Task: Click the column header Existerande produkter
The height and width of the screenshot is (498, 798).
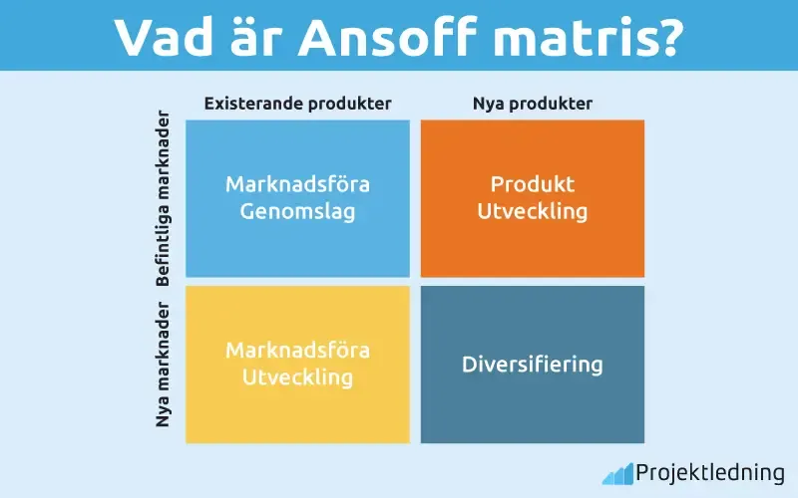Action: coord(297,104)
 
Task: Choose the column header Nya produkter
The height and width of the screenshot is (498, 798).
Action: coord(532,104)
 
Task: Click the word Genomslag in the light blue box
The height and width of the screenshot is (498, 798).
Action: coord(297,212)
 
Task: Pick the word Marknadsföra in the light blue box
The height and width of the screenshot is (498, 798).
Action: coord(297,185)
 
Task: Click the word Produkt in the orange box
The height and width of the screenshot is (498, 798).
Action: coord(532,185)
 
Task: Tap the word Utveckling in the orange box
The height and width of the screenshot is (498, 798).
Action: coord(532,212)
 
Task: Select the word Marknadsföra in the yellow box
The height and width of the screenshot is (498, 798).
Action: coord(297,351)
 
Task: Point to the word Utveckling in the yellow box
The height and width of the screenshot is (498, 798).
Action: coord(297,377)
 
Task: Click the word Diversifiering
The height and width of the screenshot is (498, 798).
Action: coord(532,365)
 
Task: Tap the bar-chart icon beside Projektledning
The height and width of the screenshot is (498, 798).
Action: coord(616,472)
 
